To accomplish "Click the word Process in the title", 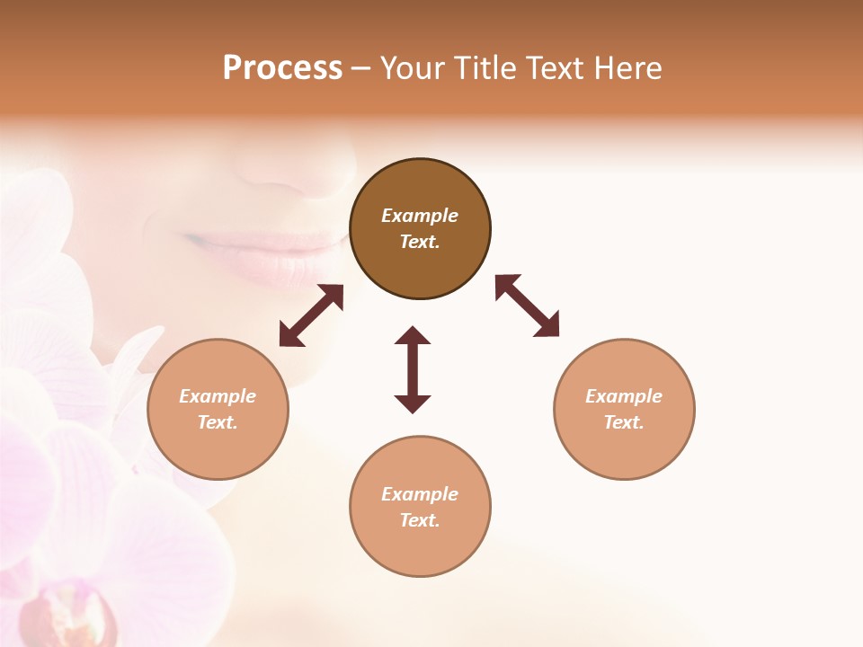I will [282, 68].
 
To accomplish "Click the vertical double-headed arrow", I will [413, 369].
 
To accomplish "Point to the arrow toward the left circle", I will [311, 315].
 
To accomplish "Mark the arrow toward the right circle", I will [527, 306].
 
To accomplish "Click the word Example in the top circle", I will [420, 216].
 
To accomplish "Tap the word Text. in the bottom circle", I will [420, 520].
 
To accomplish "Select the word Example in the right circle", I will [624, 396].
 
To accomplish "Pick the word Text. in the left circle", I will [218, 422].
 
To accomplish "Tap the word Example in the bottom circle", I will [420, 494].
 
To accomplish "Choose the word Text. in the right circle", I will [624, 422].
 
